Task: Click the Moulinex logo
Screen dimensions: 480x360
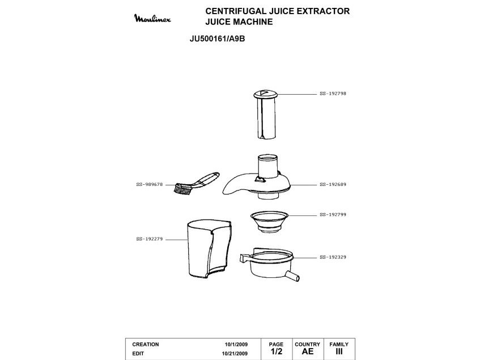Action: (x=152, y=18)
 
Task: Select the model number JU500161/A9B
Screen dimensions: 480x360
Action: (x=218, y=39)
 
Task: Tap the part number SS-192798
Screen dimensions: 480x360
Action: (x=333, y=94)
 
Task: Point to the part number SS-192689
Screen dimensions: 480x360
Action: (x=333, y=185)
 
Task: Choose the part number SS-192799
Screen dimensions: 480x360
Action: (x=333, y=215)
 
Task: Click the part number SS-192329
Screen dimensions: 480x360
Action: (x=333, y=257)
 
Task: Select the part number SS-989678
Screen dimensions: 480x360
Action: (x=150, y=185)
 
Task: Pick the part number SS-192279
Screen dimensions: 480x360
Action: (x=150, y=239)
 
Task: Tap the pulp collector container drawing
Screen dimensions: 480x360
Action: (x=209, y=248)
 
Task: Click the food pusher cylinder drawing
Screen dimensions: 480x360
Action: (x=265, y=115)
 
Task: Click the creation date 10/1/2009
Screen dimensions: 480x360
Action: (x=236, y=344)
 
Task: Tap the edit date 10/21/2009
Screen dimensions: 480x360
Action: (x=235, y=354)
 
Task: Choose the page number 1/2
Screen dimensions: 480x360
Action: (x=277, y=351)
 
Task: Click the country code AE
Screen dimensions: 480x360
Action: (x=308, y=351)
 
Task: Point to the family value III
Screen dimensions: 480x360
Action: (x=339, y=351)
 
